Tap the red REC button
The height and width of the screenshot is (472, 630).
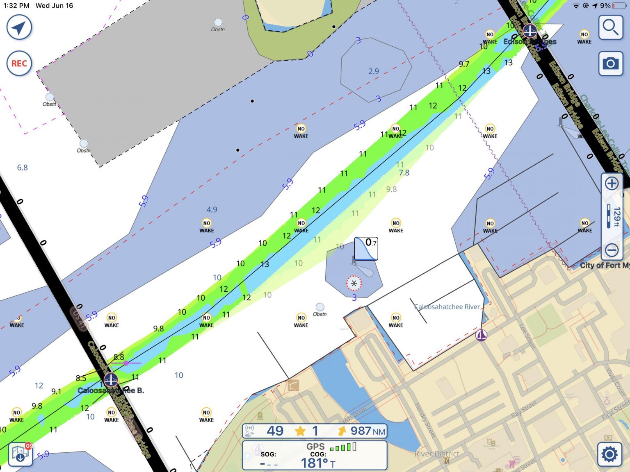coord(19,64)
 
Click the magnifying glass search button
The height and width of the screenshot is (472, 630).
coord(610,27)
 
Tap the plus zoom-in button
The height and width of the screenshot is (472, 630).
coord(612,183)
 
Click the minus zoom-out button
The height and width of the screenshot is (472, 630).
coord(612,250)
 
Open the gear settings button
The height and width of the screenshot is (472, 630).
coord(609,454)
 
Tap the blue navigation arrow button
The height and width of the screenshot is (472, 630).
coord(19,27)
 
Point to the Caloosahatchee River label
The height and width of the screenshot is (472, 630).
coord(447,306)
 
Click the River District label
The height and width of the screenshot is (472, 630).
coord(437,454)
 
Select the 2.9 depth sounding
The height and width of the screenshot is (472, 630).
coord(373,71)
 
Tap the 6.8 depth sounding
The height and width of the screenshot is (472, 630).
coord(22,167)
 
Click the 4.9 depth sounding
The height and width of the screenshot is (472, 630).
coord(212,209)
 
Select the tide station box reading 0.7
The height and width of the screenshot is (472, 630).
coord(366,248)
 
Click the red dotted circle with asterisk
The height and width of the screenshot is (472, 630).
coord(354,283)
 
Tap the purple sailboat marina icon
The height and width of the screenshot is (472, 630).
coord(481,335)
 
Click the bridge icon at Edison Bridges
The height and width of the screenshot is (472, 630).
coord(530,31)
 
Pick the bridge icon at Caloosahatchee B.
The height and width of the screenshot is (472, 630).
coord(111,379)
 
